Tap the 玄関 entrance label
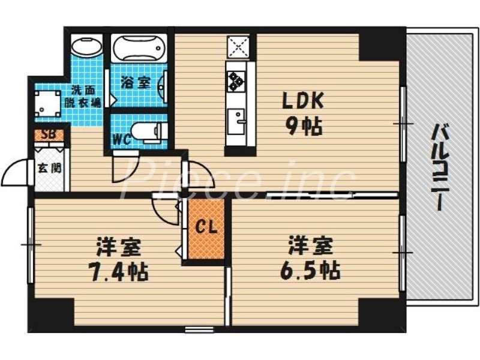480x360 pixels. pos(49,167)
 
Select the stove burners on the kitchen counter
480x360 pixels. pos(234,79)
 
